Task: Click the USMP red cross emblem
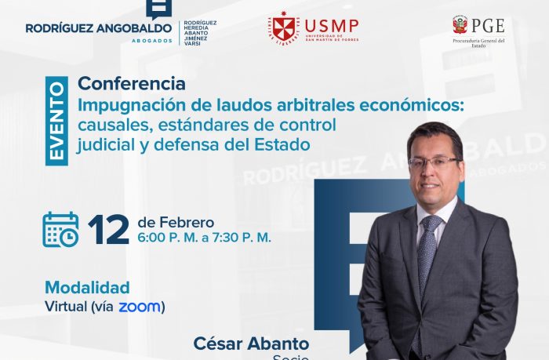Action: (282, 27)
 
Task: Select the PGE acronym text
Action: (489, 25)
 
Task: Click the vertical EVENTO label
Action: (57, 121)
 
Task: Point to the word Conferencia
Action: (132, 83)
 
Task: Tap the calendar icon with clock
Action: (60, 229)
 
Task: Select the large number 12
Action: (108, 229)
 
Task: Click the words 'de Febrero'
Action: (175, 221)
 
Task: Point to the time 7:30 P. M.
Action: (238, 237)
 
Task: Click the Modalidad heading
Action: (86, 287)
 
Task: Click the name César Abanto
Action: (251, 344)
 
